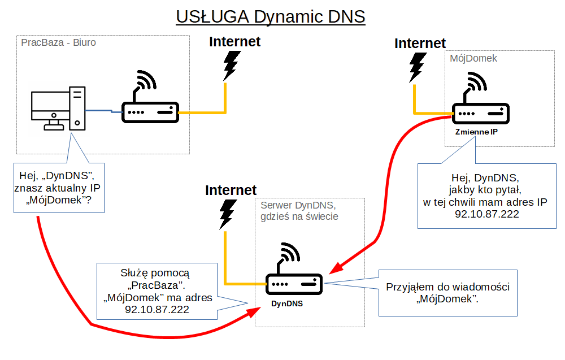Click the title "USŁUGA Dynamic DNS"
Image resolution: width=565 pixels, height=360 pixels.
[271, 16]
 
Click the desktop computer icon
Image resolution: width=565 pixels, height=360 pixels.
[59, 109]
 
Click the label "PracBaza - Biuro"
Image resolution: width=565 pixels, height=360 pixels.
[58, 42]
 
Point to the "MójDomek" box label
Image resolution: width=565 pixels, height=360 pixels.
[473, 58]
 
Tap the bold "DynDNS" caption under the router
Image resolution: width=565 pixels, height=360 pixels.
[287, 303]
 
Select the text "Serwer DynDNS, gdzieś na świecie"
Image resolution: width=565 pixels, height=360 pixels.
[299, 211]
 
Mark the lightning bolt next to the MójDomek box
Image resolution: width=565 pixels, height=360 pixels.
[418, 67]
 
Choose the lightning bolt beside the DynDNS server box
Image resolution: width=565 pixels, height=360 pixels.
[227, 214]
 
